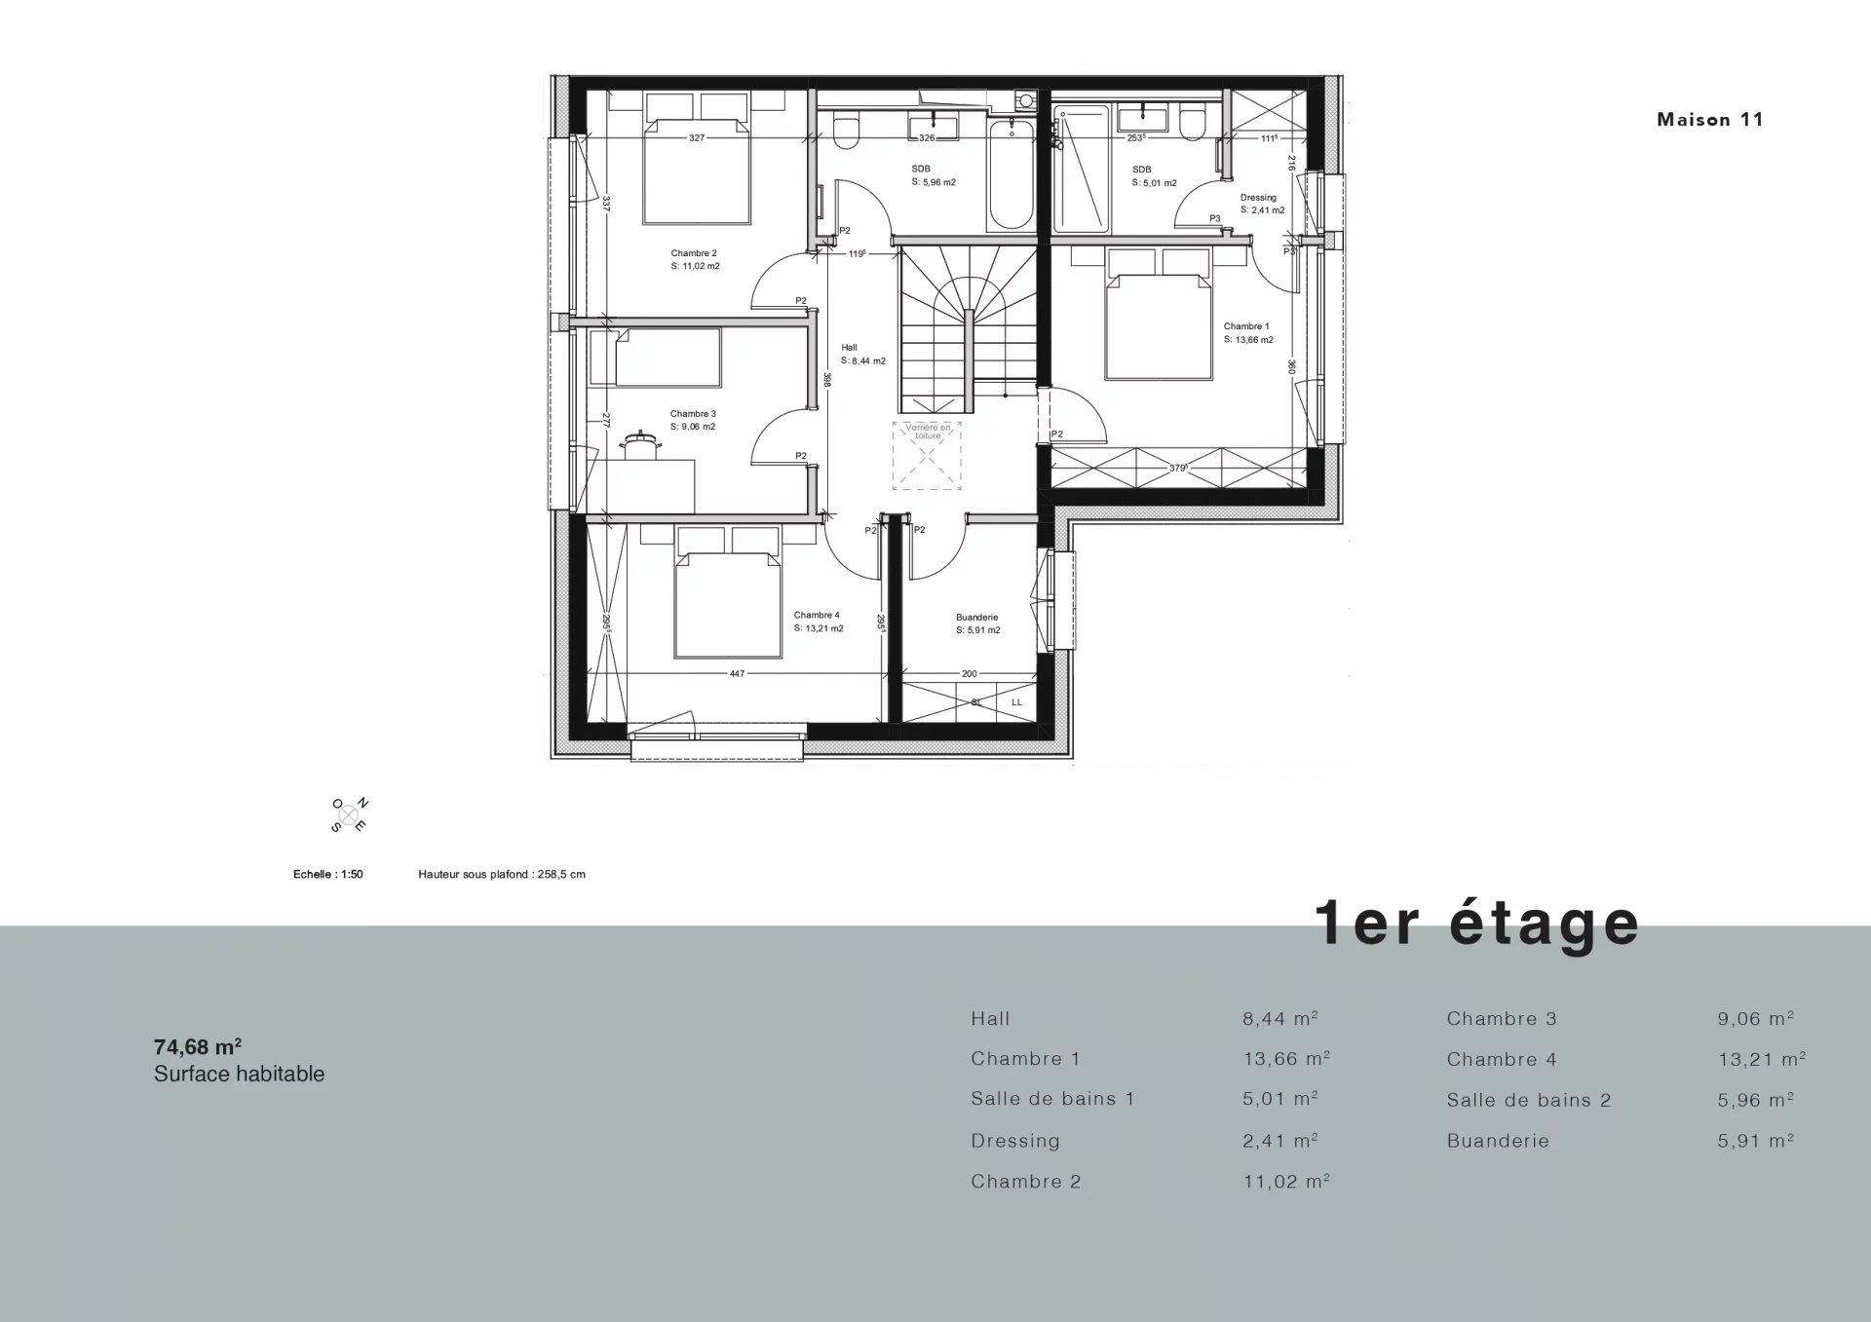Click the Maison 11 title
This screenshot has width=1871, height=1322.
pyautogui.click(x=1710, y=120)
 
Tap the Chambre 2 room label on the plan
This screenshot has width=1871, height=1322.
pyautogui.click(x=694, y=253)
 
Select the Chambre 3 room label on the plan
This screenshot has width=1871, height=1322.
pyautogui.click(x=693, y=414)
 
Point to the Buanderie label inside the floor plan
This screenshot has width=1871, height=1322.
pyautogui.click(x=976, y=618)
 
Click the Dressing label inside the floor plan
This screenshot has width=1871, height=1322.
pyautogui.click(x=1258, y=198)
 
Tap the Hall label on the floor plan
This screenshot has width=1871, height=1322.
pyautogui.click(x=849, y=348)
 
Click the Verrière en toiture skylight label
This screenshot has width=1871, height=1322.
pyautogui.click(x=928, y=432)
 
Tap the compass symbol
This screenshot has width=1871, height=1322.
pyautogui.click(x=349, y=814)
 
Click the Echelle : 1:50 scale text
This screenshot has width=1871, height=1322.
pyautogui.click(x=328, y=875)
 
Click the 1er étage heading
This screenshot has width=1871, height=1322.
pyautogui.click(x=1477, y=923)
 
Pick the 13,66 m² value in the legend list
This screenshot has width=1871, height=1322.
pyautogui.click(x=1286, y=1059)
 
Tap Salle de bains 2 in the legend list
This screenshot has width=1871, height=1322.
pyautogui.click(x=1529, y=1100)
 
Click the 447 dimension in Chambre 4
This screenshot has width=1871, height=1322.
pyautogui.click(x=737, y=673)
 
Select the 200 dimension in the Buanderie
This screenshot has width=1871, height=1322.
pyautogui.click(x=969, y=673)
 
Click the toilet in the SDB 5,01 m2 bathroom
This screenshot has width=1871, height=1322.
pyautogui.click(x=1192, y=124)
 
